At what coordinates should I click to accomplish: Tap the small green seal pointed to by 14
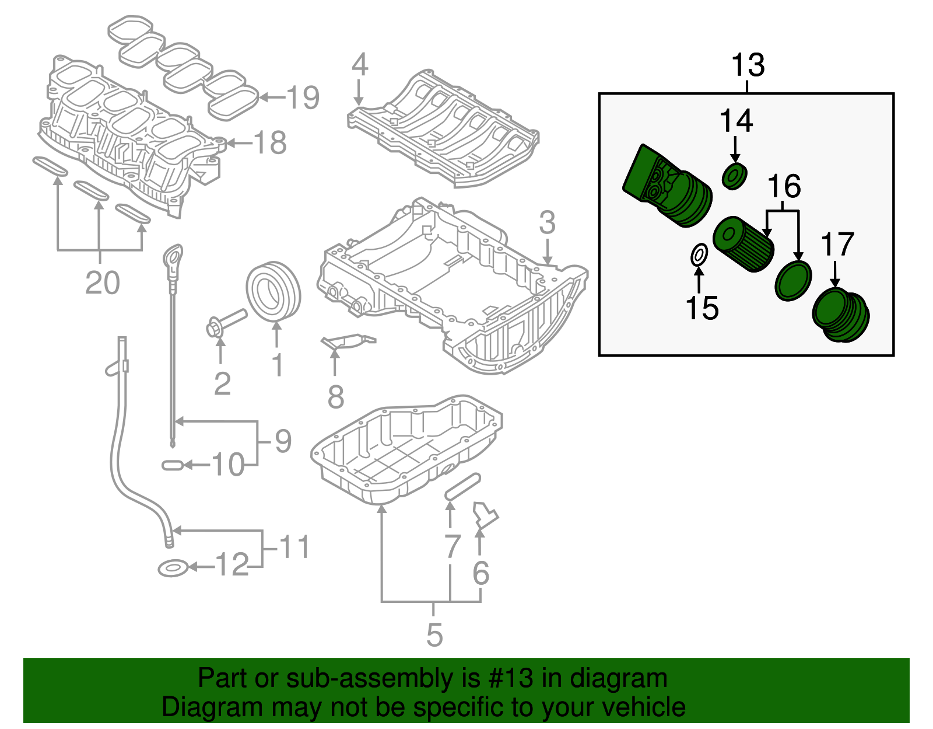734,176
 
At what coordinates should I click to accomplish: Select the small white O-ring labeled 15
699,255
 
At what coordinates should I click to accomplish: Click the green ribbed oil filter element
744,244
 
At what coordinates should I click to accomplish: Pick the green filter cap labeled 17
840,316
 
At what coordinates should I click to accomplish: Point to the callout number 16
784,186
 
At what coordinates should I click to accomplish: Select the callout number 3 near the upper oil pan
547,222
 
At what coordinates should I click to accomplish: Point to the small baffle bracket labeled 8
348,341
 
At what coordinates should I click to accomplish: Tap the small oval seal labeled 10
172,465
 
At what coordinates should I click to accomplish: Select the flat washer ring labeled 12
173,567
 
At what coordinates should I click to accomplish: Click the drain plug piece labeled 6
484,515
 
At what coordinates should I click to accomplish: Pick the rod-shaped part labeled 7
462,486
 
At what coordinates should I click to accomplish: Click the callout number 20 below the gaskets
102,283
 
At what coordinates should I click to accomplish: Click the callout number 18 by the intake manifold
270,142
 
